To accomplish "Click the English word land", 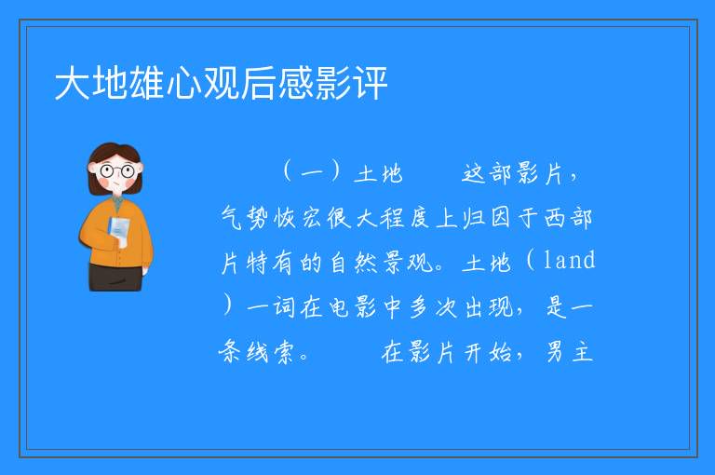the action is pyautogui.click(x=570, y=260).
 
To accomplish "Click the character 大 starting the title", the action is pyautogui.click(x=73, y=83).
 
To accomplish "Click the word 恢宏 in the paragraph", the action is pyautogui.click(x=298, y=217).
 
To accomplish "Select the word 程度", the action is pyautogui.click(x=405, y=217).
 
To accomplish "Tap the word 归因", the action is pyautogui.click(x=487, y=217).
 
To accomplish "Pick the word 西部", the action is pyautogui.click(x=569, y=217).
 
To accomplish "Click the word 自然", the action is pyautogui.click(x=353, y=263).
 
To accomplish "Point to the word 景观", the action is pyautogui.click(x=407, y=263).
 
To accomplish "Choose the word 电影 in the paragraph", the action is pyautogui.click(x=353, y=306).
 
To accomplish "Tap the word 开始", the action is pyautogui.click(x=488, y=352).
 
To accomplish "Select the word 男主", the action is pyautogui.click(x=569, y=352).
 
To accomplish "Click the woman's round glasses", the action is pyautogui.click(x=117, y=171).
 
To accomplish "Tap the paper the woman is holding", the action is pyautogui.click(x=119, y=231).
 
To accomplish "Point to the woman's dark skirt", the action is pyautogui.click(x=115, y=277).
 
